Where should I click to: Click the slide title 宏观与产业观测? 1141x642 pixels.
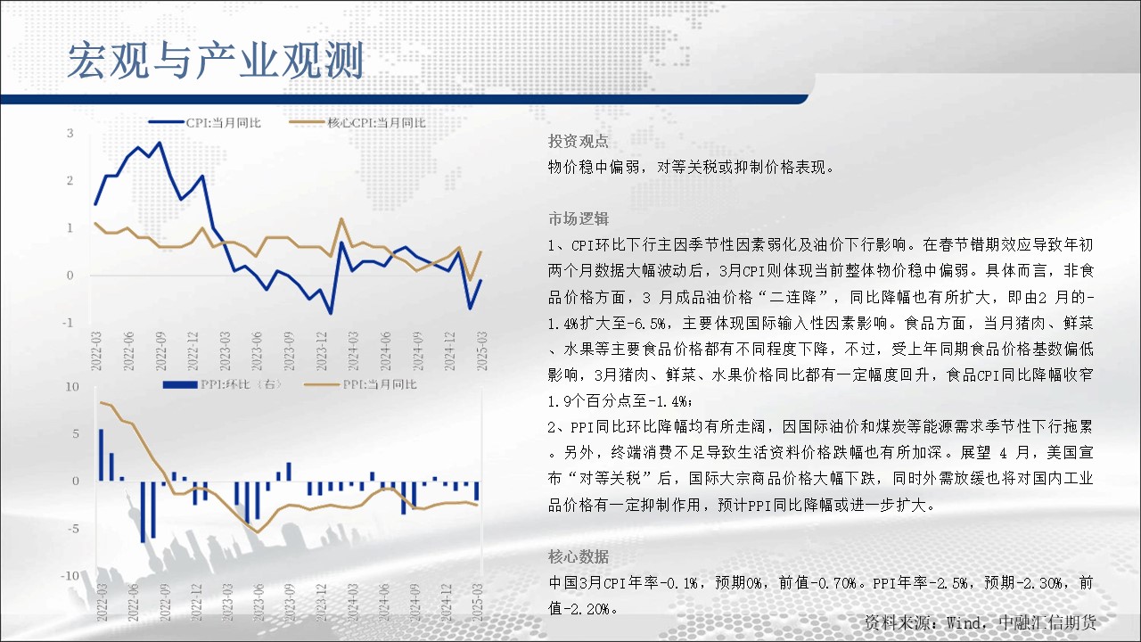(x=216, y=61)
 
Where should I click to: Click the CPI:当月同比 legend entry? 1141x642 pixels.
(x=205, y=123)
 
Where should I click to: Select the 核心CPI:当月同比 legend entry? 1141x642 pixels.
(x=357, y=123)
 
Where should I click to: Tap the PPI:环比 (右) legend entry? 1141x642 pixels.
(x=222, y=384)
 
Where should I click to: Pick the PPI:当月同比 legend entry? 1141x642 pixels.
(x=360, y=384)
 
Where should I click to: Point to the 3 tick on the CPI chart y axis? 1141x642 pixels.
(x=70, y=133)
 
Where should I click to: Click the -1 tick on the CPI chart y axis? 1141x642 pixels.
(x=68, y=323)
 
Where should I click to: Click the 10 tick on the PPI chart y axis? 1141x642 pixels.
(x=72, y=387)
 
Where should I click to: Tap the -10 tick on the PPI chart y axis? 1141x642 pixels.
(x=70, y=576)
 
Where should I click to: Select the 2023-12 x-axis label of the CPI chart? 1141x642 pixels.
(x=322, y=351)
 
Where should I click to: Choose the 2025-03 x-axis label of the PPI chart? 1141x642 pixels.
(x=477, y=602)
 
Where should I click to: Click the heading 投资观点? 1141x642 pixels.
(x=579, y=141)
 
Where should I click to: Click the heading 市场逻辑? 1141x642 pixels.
(x=579, y=218)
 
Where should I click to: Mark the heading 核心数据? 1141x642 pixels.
(x=579, y=556)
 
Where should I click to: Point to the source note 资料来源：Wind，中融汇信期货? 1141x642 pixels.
(x=980, y=622)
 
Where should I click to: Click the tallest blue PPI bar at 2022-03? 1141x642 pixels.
(x=101, y=455)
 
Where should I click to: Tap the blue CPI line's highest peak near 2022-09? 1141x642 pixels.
(x=160, y=144)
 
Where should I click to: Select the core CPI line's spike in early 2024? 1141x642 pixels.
(x=341, y=219)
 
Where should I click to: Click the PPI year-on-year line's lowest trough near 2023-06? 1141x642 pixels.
(x=258, y=532)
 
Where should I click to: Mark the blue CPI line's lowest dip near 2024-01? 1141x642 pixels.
(x=331, y=313)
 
